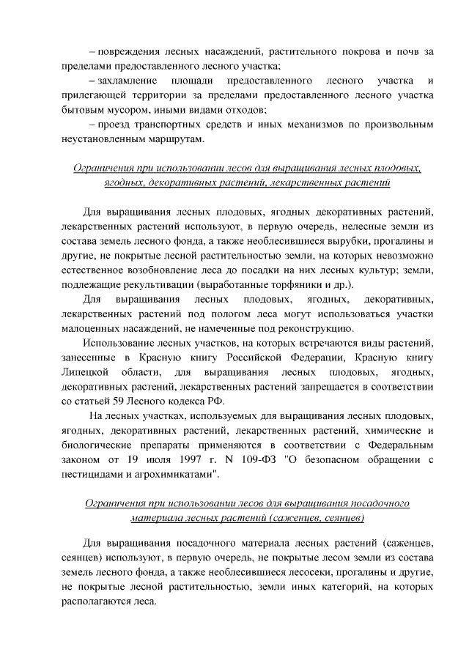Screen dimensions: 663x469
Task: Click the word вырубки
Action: coord(344,240)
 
